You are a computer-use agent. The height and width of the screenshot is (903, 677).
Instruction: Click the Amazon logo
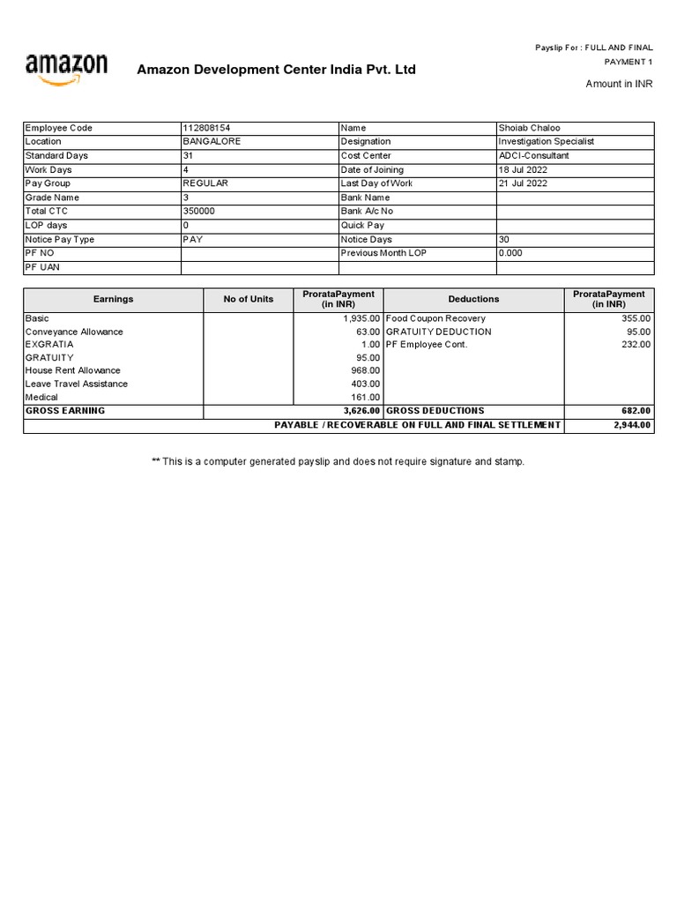coord(67,69)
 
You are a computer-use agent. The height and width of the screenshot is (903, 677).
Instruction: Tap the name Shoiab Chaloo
coord(529,128)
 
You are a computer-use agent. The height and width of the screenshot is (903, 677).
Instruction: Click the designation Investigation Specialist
coord(546,141)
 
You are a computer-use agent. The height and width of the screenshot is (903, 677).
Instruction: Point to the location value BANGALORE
coord(212,141)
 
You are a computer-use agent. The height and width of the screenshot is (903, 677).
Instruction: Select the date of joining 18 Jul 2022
coord(523,169)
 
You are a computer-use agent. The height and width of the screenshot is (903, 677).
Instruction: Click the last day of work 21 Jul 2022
coord(523,183)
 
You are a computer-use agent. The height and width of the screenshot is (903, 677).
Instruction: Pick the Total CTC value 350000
coord(198,212)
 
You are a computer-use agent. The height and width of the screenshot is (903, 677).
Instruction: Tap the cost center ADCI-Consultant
coord(533,155)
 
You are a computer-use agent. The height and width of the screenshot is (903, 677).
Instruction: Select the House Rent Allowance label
coord(72,370)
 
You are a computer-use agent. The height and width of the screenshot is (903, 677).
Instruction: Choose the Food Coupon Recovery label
coord(435,318)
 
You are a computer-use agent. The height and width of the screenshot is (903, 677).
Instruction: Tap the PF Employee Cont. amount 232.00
coord(636,345)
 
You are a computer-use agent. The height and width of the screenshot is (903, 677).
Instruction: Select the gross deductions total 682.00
coord(636,411)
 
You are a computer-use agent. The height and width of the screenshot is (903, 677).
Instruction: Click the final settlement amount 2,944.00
coord(632,425)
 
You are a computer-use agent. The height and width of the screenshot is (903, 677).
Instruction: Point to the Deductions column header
coord(473,299)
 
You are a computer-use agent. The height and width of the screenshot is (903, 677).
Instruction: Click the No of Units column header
coord(249,299)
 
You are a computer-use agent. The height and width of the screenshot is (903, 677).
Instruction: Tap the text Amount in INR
coord(620,84)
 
